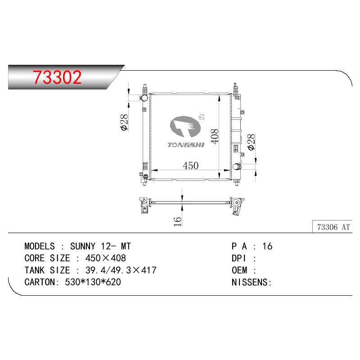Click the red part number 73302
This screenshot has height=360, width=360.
pos(57,77)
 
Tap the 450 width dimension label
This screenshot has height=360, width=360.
pos(190,166)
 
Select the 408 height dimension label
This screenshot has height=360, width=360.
pos(215,136)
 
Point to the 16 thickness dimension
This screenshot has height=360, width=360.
pos(177,221)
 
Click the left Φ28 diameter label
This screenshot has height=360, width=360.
pos(124,122)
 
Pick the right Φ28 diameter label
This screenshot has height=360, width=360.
pos(252,142)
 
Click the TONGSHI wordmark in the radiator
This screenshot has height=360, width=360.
pos(186,145)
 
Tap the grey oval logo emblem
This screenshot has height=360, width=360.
pos(185,126)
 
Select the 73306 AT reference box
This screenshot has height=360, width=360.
pos(332,227)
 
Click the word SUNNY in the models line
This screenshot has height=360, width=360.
pos(83,246)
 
